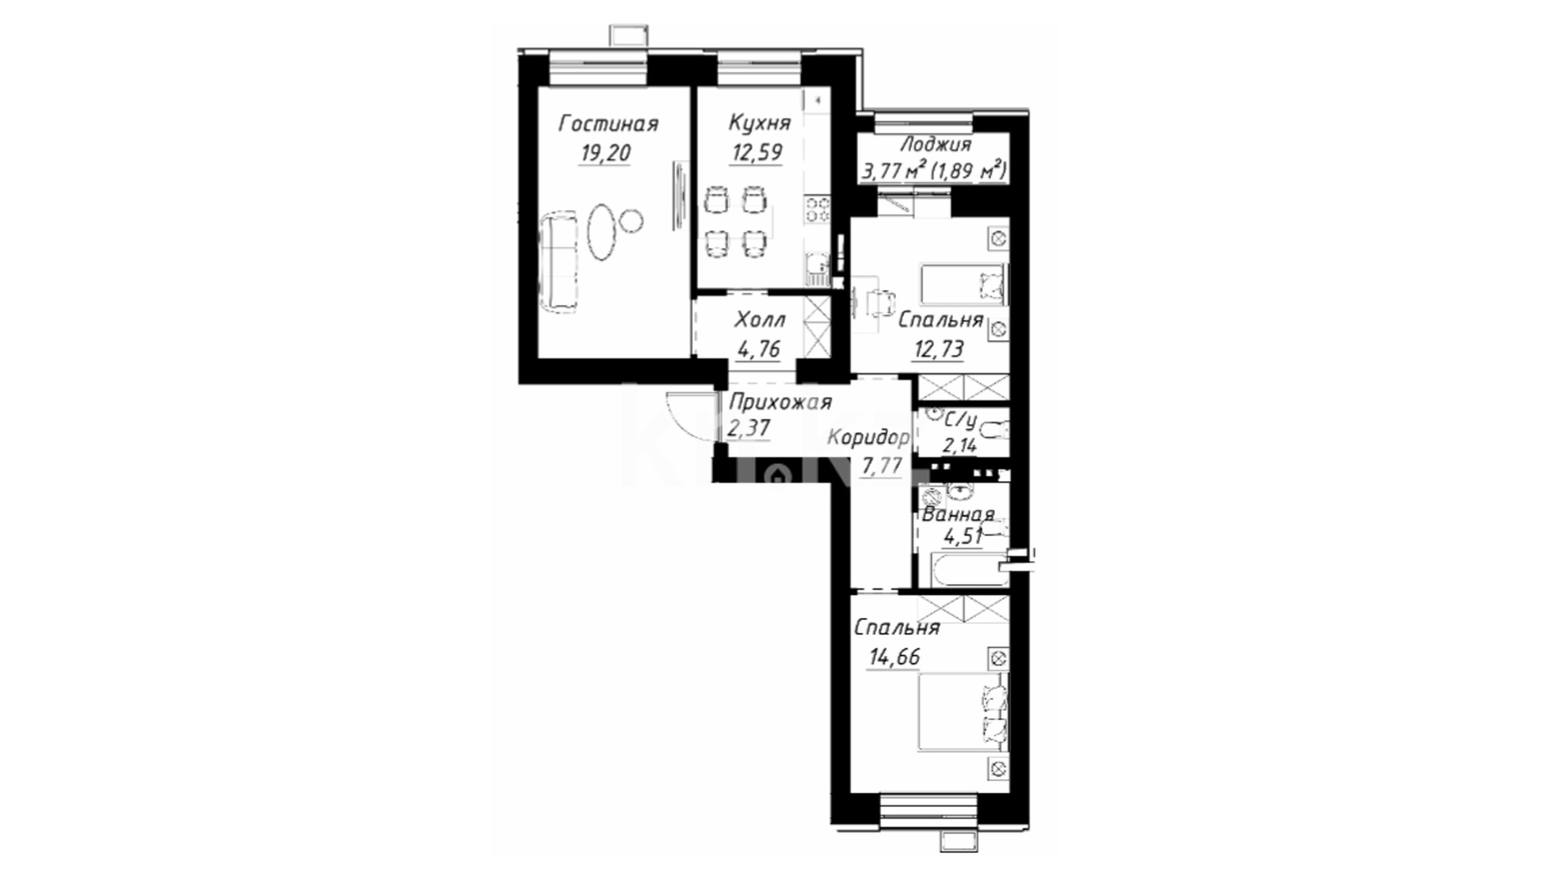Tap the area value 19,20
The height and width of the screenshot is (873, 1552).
(605, 154)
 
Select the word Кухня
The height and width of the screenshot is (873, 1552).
(759, 123)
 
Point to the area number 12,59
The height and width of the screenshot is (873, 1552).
(757, 152)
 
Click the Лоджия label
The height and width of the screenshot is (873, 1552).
(936, 145)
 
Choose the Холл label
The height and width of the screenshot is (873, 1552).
(759, 321)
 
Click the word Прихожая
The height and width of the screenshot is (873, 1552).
(780, 402)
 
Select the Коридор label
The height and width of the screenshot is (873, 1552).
(868, 439)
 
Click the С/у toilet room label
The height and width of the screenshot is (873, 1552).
(961, 421)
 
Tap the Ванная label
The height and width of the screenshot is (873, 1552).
(958, 515)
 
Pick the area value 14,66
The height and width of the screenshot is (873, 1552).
(894, 657)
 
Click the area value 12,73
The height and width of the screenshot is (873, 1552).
(938, 349)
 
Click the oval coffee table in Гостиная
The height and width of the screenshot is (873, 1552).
(601, 231)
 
